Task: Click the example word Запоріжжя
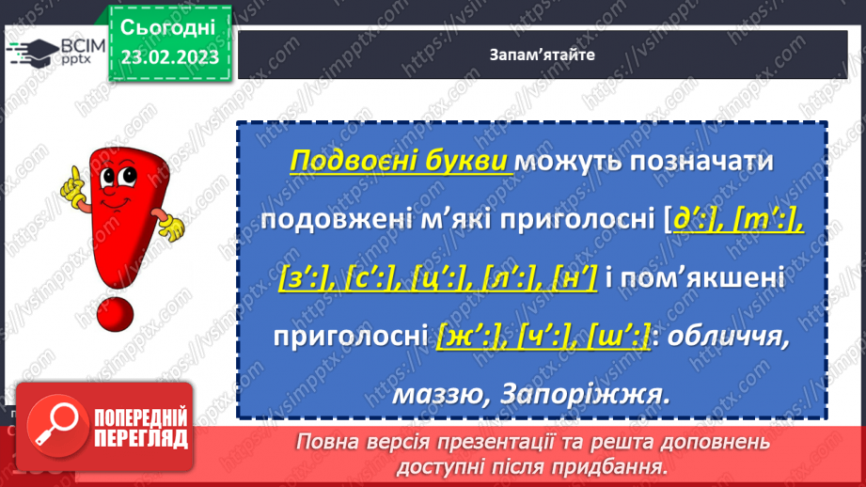coord(593,395)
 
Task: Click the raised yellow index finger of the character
coord(69,178)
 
